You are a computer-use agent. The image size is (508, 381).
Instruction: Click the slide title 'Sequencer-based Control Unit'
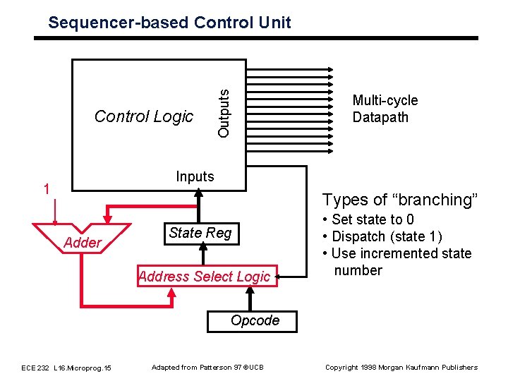pos(169,23)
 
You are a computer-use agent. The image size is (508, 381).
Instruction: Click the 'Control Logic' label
pos(144,116)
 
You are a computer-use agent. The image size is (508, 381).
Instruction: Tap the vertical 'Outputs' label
pos(224,112)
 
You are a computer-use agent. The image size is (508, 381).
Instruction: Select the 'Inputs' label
pos(195,176)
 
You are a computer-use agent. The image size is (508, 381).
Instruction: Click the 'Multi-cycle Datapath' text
pos(385,109)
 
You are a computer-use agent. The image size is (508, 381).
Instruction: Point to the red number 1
pos(46,189)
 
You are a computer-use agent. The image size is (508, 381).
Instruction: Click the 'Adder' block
pos(83,243)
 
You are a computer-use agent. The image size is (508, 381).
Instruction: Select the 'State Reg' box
pos(200,233)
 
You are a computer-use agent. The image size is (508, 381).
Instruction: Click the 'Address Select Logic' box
pos(205,277)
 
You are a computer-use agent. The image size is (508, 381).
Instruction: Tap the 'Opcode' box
pos(255,320)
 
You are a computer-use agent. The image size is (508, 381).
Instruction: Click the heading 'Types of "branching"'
pos(401,200)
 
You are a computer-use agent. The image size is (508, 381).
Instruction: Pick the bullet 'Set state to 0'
pos(368,219)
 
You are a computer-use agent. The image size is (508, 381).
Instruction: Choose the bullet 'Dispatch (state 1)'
pos(381,236)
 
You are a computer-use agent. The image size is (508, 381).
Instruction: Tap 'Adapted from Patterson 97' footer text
pos(207,367)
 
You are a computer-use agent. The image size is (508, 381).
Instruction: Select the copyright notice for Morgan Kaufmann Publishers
pos(401,367)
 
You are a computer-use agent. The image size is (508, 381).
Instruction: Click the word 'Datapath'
pos(380,117)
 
